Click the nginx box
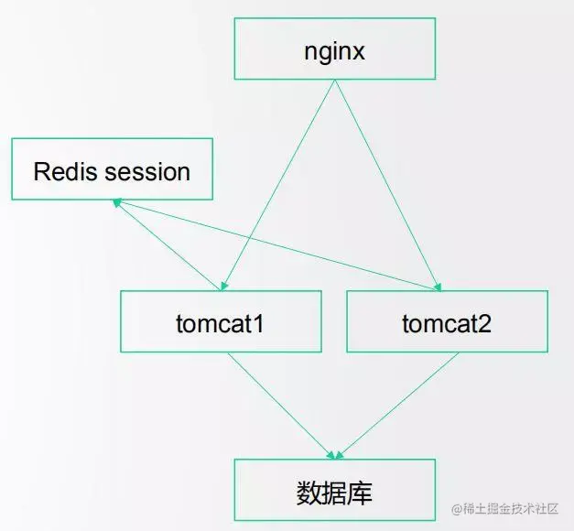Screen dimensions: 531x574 click(x=334, y=50)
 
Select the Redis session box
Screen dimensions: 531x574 click(x=112, y=169)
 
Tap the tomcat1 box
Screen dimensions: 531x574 click(x=221, y=321)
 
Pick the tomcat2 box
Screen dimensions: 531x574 click(x=447, y=321)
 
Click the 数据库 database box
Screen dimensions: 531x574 click(x=334, y=492)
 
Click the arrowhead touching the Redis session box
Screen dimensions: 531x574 click(x=116, y=204)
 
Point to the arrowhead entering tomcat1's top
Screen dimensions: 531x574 click(x=223, y=285)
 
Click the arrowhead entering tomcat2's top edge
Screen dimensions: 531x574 click(x=439, y=285)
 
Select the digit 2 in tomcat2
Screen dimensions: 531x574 click(x=484, y=322)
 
